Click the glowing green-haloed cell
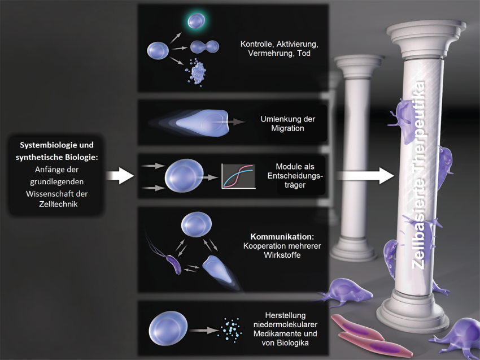[x=196, y=21]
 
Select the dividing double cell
[x=204, y=47]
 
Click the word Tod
[x=304, y=53]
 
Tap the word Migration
[x=287, y=128]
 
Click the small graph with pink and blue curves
[x=238, y=176]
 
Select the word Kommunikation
[x=282, y=237]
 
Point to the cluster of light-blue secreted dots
[x=231, y=330]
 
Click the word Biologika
[x=293, y=343]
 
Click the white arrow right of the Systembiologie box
[x=120, y=176]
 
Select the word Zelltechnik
[x=58, y=204]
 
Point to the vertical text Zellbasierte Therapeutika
[x=418, y=175]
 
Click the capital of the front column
[x=425, y=40]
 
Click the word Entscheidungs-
[x=295, y=176]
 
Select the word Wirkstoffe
[x=282, y=255]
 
